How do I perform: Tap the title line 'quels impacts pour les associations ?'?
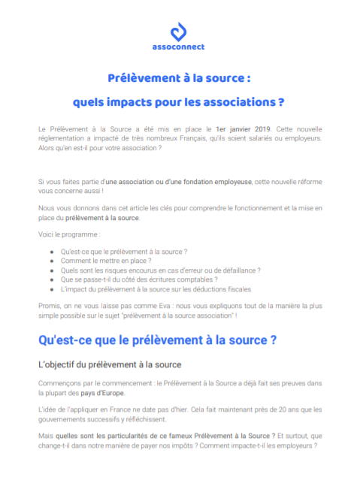(179, 100)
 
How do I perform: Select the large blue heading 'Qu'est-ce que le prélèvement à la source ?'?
(157, 340)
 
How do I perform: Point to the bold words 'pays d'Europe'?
(101, 393)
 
